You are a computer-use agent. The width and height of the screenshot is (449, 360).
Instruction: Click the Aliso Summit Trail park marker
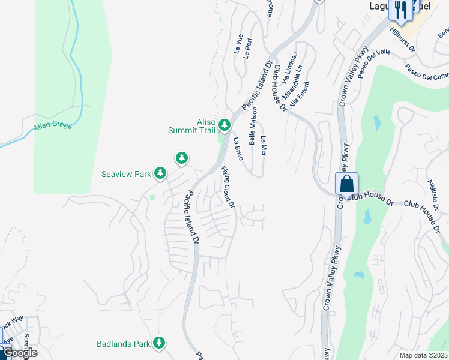[224, 125]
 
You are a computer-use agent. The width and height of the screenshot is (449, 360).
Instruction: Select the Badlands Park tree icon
[159, 343]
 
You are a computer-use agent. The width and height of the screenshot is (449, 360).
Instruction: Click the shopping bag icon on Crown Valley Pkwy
[347, 184]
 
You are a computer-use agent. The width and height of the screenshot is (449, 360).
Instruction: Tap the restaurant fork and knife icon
[400, 10]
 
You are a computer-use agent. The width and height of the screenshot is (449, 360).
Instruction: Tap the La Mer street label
[263, 146]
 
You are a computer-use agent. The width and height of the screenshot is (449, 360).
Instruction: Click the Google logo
[19, 353]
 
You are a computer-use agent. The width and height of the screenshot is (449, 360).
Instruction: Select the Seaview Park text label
[125, 174]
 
